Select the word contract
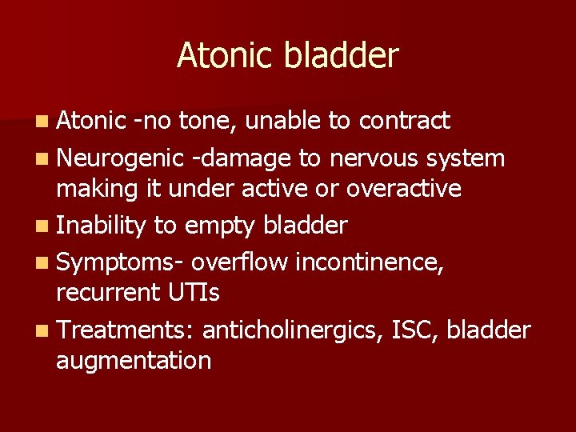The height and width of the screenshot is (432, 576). (x=405, y=121)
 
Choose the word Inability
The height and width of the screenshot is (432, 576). (x=101, y=226)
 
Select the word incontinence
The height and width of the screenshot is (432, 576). (x=370, y=260)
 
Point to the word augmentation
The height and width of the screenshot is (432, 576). (x=134, y=361)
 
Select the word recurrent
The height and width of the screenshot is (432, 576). (x=97, y=293)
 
